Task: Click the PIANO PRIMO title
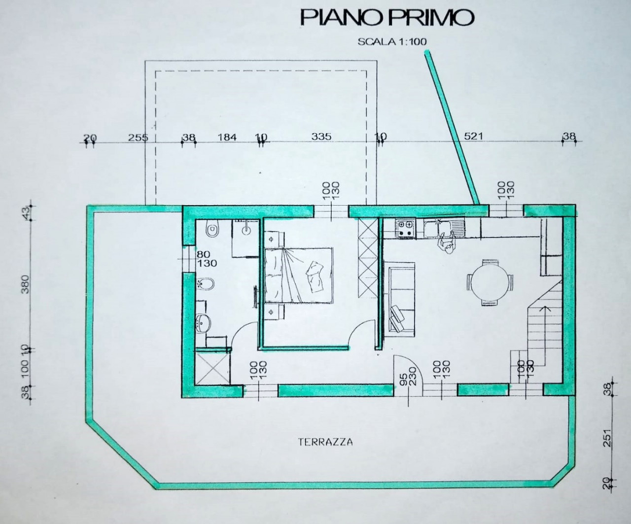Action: [387, 18]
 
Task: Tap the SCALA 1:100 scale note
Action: [392, 42]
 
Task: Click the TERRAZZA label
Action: [325, 442]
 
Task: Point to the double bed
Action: [299, 275]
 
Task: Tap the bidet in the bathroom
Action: [206, 284]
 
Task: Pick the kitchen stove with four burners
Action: [405, 228]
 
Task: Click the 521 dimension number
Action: [474, 137]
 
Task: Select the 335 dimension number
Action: [321, 137]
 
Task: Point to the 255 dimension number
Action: [138, 138]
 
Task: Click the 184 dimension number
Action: [227, 138]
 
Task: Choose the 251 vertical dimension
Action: [608, 438]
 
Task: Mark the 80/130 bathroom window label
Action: [207, 259]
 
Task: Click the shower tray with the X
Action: [212, 368]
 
